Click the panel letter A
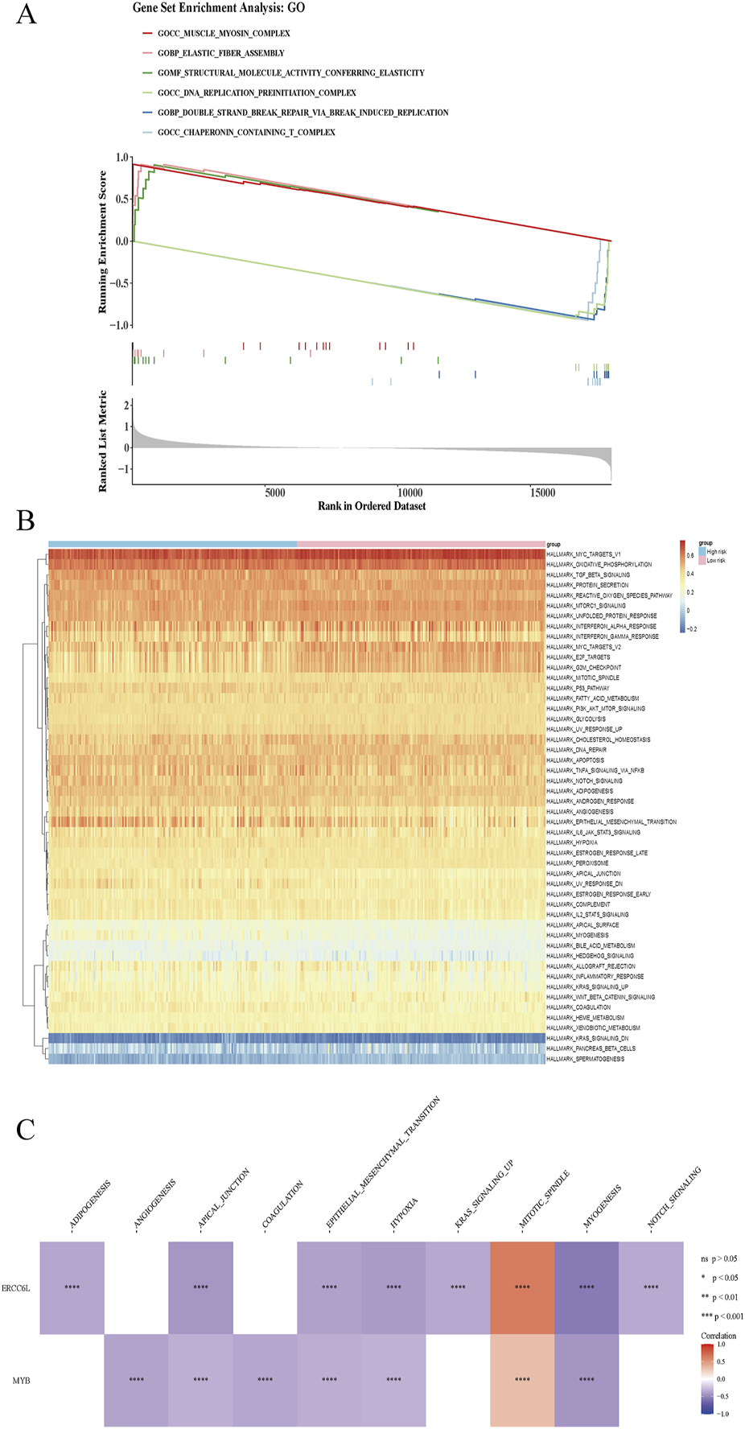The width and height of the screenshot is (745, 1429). pos(27,14)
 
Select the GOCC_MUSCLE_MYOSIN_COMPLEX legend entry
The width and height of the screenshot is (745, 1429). pos(223,33)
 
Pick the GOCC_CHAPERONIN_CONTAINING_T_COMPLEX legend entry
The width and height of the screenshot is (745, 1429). pos(245,132)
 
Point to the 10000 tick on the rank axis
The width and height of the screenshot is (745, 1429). pos(410,492)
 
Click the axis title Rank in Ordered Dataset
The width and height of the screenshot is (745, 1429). pos(372,506)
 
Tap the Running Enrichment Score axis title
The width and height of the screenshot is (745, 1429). pos(102,241)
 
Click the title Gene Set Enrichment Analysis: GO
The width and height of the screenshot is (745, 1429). pos(219,8)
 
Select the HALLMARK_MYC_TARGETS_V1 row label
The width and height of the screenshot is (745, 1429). pos(583,554)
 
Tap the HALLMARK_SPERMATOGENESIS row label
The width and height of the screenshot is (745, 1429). pos(585,1059)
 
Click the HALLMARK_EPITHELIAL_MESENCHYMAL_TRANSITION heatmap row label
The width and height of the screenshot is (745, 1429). pos(611,822)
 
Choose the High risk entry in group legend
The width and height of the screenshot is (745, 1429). pos(716,552)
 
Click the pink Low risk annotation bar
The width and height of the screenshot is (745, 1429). pos(421,545)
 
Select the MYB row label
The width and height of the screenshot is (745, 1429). pos(22,1381)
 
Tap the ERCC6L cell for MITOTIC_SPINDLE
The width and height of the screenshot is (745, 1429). pos(522,1287)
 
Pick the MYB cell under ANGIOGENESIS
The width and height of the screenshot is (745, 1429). pos(136,1380)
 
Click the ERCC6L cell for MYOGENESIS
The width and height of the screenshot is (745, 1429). pos(587,1287)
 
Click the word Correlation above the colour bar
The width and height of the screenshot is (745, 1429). pos(718,1336)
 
